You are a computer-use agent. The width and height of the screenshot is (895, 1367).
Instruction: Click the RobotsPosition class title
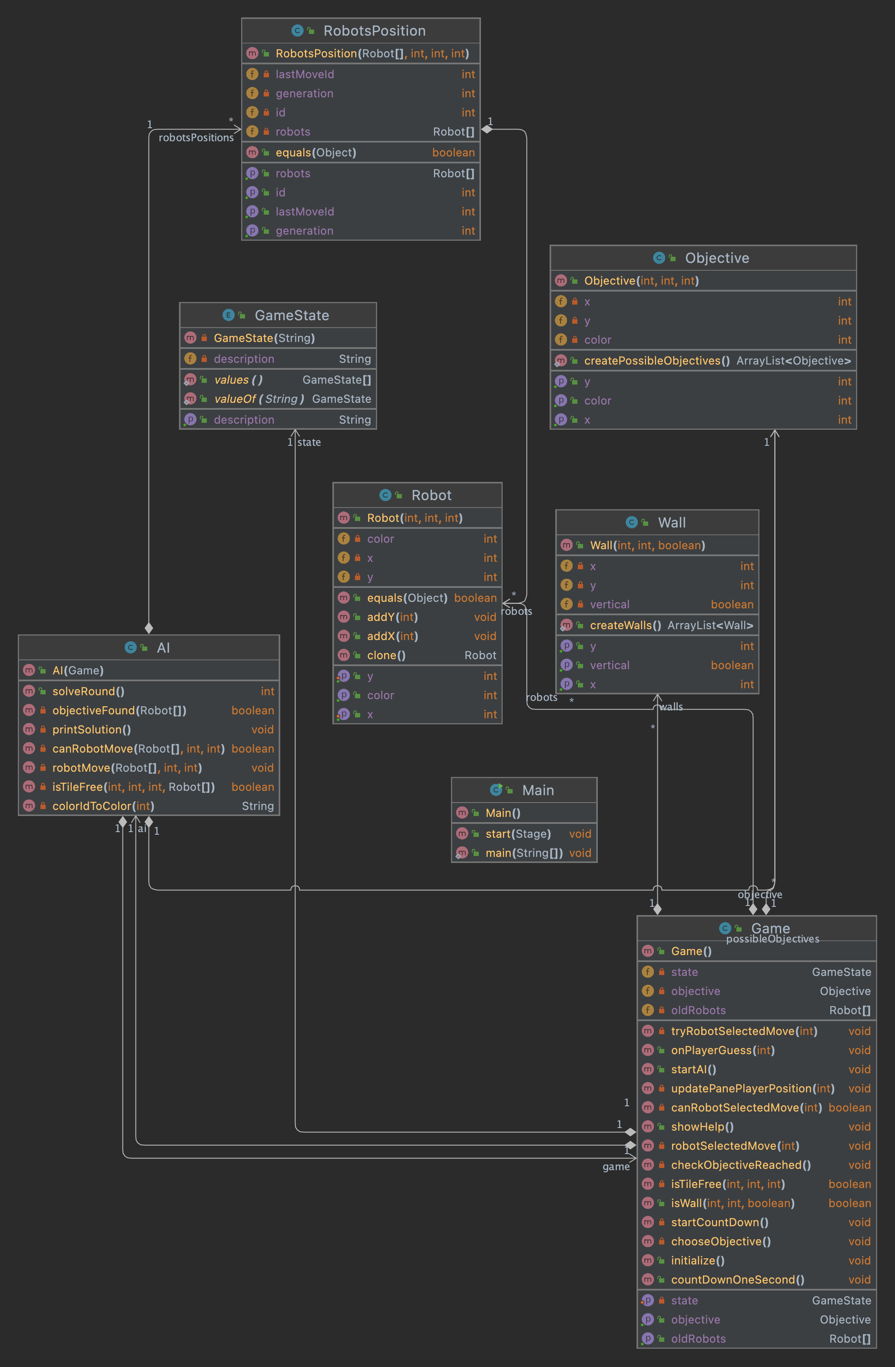point(374,31)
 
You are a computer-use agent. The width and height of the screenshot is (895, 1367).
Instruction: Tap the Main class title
point(538,790)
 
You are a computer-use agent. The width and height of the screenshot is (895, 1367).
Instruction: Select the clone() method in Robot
point(386,655)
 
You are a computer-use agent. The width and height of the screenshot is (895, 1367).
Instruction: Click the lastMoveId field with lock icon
point(305,74)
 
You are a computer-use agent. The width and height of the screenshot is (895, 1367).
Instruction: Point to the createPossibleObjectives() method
point(656,361)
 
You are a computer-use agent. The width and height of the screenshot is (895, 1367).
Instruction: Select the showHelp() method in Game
point(702,1127)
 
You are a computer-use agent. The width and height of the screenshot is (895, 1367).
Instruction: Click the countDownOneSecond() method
point(737,1280)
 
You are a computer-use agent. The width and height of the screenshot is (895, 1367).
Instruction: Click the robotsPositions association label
point(196,138)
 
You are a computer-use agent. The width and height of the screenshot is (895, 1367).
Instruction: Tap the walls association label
point(671,707)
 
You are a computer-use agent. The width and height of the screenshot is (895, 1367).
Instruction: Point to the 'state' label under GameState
point(309,442)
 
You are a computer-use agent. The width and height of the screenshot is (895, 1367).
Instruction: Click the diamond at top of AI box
point(149,628)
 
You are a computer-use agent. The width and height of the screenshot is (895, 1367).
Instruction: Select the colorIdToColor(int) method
point(103,806)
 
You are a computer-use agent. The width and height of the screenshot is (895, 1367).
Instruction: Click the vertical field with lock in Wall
point(610,605)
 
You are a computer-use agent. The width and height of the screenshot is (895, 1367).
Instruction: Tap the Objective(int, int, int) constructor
point(641,281)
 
